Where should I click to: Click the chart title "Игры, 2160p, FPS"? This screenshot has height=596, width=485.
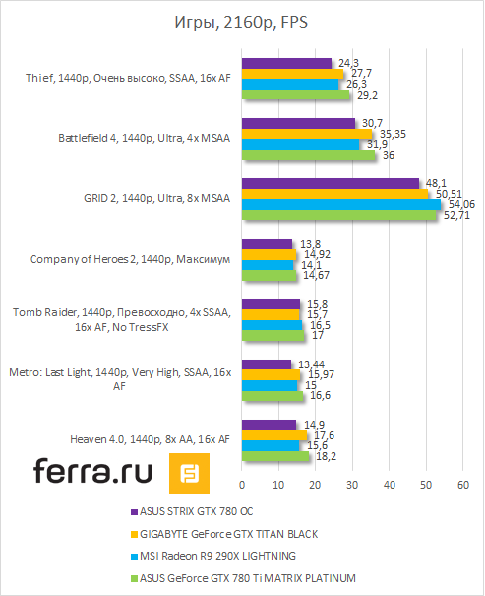pos(242,23)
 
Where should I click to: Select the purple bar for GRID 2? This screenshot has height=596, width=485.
pos(331,183)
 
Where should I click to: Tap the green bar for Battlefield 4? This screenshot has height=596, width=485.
pos(308,155)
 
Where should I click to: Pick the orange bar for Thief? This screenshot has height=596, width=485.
pos(292,74)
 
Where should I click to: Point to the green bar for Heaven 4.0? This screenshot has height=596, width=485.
pos(274,456)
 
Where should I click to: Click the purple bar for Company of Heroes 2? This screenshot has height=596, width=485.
pos(267,243)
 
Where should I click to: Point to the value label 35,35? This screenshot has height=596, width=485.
pos(392,134)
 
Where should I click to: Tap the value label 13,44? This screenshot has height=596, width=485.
pos(307,364)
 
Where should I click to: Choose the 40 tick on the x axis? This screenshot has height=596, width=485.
pos(390,486)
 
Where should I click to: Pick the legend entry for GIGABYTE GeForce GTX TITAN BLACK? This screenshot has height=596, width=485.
pos(234,534)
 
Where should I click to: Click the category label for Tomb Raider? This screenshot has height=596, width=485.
pos(120,320)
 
